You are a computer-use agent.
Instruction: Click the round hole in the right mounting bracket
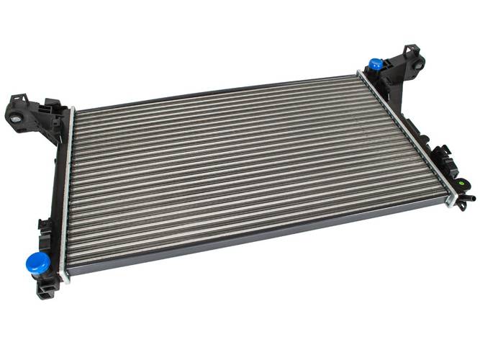click(417, 65)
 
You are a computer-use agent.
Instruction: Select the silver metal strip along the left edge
click(66, 194)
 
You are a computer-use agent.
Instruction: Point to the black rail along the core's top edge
click(216, 92)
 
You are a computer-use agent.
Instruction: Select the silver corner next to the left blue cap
click(64, 274)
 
